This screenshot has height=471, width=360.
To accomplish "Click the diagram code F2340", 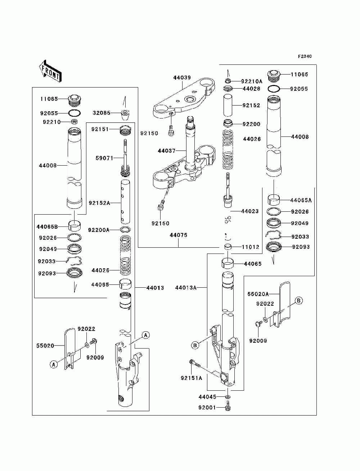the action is click(305, 57).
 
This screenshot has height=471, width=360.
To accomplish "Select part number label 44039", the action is click(182, 77).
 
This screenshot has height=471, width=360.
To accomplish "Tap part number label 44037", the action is click(166, 151).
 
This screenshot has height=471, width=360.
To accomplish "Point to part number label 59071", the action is click(104, 158).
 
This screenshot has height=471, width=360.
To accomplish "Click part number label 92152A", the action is click(99, 203).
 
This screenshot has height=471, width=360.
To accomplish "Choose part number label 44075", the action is click(179, 235).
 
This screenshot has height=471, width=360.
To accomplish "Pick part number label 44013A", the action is click(186, 288).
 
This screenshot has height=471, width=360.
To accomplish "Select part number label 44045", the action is click(207, 397).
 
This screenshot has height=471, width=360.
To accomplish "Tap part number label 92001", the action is click(207, 407).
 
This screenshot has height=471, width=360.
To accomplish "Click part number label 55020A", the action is click(258, 294).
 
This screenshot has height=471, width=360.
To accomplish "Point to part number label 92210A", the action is click(252, 81).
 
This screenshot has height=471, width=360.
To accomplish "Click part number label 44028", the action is click(251, 89).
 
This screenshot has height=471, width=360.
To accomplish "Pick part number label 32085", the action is click(102, 113).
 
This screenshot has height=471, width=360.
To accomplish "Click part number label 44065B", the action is click(47, 226).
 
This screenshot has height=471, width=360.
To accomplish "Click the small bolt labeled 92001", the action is click(228, 407).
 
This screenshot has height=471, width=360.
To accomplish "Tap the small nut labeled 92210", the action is click(74, 122).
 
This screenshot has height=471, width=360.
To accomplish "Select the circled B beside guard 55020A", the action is click(299, 301).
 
